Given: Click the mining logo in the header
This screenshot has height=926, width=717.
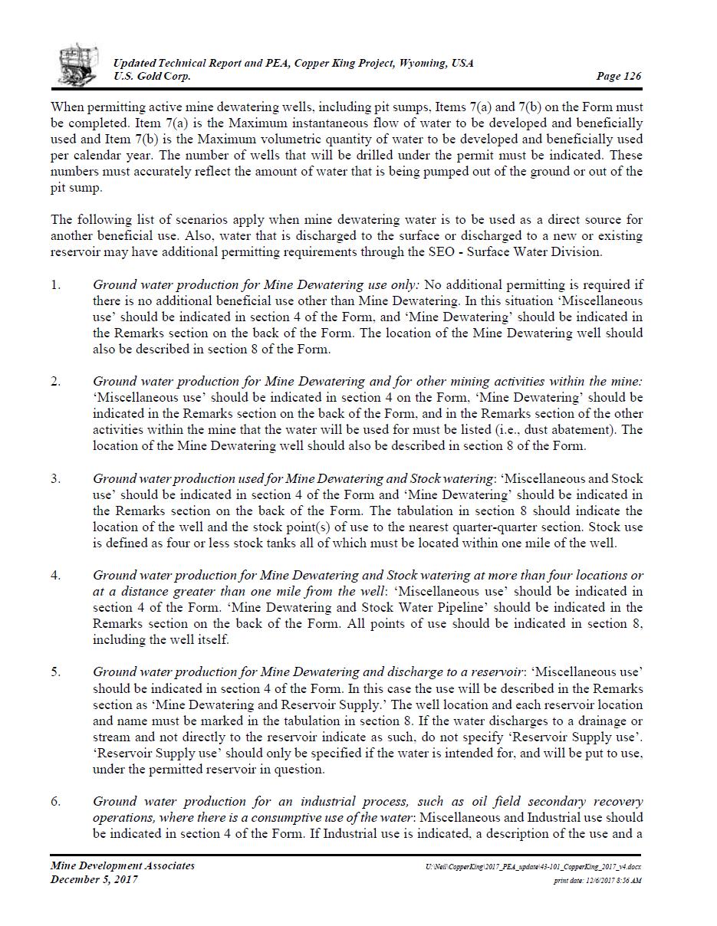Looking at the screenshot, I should [x=78, y=64].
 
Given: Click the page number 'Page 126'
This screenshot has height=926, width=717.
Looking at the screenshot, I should [x=618, y=76].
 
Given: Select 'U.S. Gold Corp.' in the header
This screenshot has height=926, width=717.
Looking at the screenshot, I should [x=152, y=76].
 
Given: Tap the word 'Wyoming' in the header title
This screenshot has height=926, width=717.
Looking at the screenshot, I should [x=423, y=63].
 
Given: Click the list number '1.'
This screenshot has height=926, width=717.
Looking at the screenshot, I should [x=56, y=285].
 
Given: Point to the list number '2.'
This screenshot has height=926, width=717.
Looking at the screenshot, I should [x=56, y=381].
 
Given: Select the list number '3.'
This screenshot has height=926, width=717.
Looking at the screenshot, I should [x=56, y=478].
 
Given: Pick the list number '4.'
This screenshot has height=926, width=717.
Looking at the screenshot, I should [x=56, y=575].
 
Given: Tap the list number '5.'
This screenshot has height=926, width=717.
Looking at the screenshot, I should [x=56, y=672].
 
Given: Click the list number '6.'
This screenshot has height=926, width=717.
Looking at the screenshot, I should [x=56, y=802].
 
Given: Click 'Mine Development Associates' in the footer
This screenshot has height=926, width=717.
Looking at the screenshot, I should [x=123, y=865].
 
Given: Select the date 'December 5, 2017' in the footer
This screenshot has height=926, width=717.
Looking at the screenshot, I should [x=94, y=879].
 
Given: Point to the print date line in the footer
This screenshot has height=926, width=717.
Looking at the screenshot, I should [x=597, y=881].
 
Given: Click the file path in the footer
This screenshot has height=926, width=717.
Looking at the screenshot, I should [x=533, y=866].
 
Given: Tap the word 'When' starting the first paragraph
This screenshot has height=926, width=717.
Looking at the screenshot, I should [x=67, y=107].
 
